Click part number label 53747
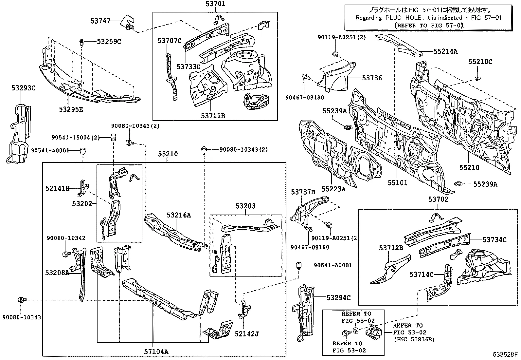(x=100, y=21)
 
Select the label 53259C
(x=109, y=41)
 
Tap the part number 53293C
(x=23, y=88)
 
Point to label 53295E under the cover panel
(x=71, y=109)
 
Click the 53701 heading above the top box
(x=215, y=4)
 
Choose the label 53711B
(x=213, y=116)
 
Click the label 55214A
(x=445, y=51)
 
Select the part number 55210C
(x=480, y=62)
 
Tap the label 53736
(x=372, y=78)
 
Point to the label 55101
(x=398, y=183)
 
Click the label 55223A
(x=333, y=189)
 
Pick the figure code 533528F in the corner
(x=505, y=355)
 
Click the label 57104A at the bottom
(x=156, y=352)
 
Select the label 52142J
(x=247, y=334)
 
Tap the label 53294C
(x=338, y=297)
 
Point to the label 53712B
(x=391, y=248)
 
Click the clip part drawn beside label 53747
(x=128, y=22)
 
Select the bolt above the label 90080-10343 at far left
(x=22, y=299)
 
